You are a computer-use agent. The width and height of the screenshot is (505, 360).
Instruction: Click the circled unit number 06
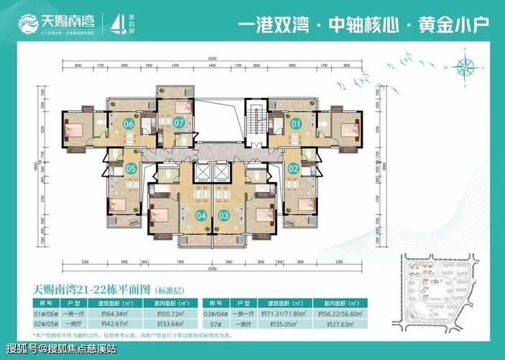click(x=129, y=123)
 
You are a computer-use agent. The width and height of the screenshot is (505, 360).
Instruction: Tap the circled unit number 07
click(x=178, y=123)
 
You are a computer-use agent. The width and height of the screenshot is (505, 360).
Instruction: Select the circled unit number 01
click(x=296, y=123)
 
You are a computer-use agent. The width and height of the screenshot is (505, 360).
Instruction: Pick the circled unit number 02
click(x=294, y=168)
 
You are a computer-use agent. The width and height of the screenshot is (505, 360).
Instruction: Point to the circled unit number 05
click(x=132, y=169)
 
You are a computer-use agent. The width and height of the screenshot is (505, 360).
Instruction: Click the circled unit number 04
click(x=201, y=215)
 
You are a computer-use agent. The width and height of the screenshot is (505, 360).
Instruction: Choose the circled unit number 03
click(x=224, y=215)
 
